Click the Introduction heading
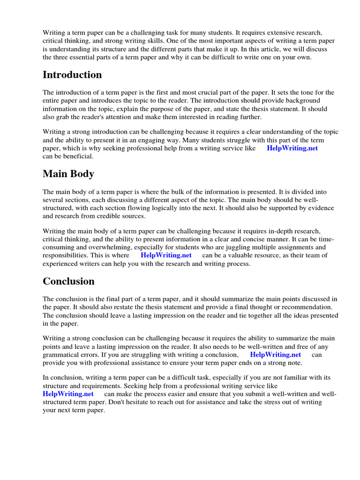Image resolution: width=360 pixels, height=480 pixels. pyautogui.click(x=72, y=75)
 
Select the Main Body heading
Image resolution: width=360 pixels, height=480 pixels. pyautogui.click(x=68, y=174)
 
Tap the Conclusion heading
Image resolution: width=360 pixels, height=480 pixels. pyautogui.click(x=68, y=281)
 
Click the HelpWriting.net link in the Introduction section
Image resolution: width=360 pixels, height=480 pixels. pyautogui.click(x=292, y=148)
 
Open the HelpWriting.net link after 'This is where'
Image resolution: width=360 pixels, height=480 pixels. pyautogui.click(x=166, y=255)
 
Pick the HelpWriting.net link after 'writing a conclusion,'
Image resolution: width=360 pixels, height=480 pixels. pyautogui.click(x=275, y=355)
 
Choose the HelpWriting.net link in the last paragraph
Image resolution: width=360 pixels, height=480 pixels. pyautogui.click(x=68, y=394)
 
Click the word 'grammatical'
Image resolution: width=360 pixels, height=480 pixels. pyautogui.click(x=61, y=355)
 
